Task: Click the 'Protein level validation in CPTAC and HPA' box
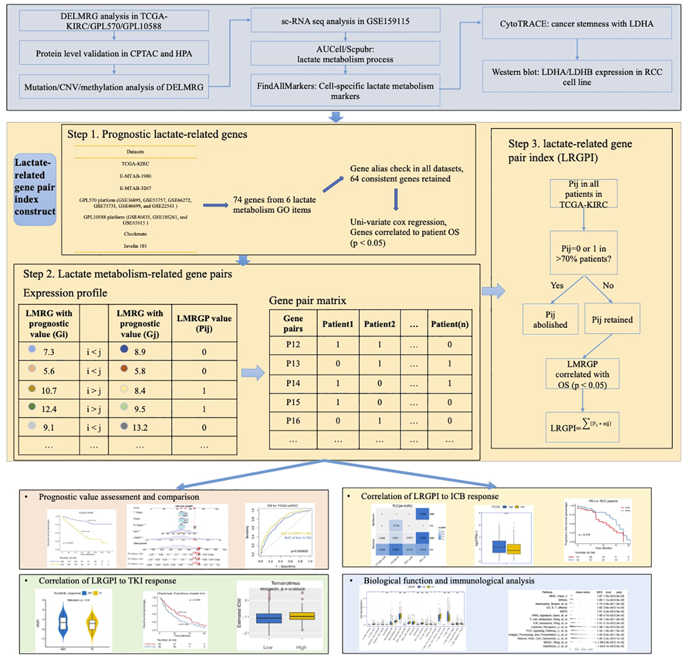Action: coord(114,53)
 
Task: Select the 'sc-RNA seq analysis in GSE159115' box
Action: coord(345,21)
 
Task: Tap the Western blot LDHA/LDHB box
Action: coord(577,76)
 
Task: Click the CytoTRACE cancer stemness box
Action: coord(577,23)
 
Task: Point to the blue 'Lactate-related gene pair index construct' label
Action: coord(35,188)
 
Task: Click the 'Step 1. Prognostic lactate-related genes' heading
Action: coord(157,134)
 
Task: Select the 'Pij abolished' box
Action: coord(550,319)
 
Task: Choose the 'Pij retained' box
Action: coord(612,319)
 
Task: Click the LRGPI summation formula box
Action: coord(582,426)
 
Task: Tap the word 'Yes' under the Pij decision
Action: coord(557,285)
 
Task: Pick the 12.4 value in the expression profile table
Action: coord(49,409)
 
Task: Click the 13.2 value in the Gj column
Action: coord(140,428)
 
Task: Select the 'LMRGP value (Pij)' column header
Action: coord(204,323)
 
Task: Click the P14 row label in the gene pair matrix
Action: coord(293,383)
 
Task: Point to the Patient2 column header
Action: coord(380,324)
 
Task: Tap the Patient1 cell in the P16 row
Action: coord(338,421)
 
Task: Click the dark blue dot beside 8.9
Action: coord(124,349)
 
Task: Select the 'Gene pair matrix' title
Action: coord(307,300)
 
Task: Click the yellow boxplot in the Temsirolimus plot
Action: coord(302,616)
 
